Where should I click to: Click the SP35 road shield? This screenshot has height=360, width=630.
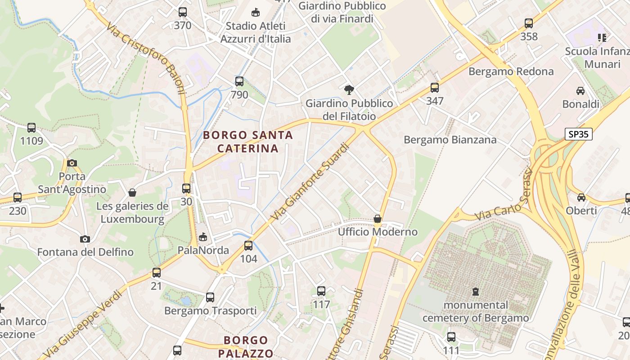pyautogui.click(x=578, y=134)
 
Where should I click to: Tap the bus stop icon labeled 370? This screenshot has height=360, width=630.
pyautogui.click(x=182, y=12)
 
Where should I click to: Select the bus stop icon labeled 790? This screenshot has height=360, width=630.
pyautogui.click(x=239, y=81)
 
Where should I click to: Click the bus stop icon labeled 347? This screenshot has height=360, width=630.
pyautogui.click(x=434, y=87)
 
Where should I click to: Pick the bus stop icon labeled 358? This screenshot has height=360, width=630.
pyautogui.click(x=529, y=23)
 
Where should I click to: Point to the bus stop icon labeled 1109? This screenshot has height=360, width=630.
pyautogui.click(x=31, y=128)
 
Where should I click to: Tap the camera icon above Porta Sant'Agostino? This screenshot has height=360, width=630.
pyautogui.click(x=72, y=163)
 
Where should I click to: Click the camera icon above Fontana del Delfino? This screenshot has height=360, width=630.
pyautogui.click(x=85, y=239)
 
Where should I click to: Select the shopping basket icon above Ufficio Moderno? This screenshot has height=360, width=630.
pyautogui.click(x=378, y=219)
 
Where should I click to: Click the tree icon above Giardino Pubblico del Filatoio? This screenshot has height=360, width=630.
pyautogui.click(x=349, y=90)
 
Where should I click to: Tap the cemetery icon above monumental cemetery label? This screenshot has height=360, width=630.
pyautogui.click(x=476, y=292)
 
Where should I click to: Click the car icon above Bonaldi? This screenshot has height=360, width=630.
pyautogui.click(x=580, y=91)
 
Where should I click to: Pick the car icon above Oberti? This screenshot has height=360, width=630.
pyautogui.click(x=581, y=197)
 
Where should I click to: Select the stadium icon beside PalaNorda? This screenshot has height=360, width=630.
pyautogui.click(x=203, y=237)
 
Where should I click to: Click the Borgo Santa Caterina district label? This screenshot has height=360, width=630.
pyautogui.click(x=247, y=141)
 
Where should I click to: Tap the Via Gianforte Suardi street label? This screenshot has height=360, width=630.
pyautogui.click(x=310, y=182)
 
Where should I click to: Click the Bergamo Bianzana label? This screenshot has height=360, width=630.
pyautogui.click(x=450, y=140)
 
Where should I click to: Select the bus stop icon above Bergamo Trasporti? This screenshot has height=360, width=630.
pyautogui.click(x=210, y=297)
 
